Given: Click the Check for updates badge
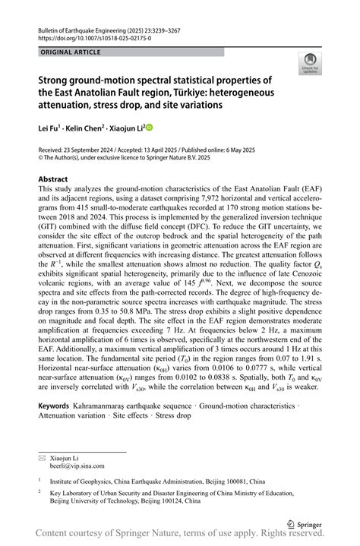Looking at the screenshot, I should [310, 63].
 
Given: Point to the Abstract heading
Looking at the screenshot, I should [58, 180].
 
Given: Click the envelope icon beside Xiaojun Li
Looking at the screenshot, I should [43, 458].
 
